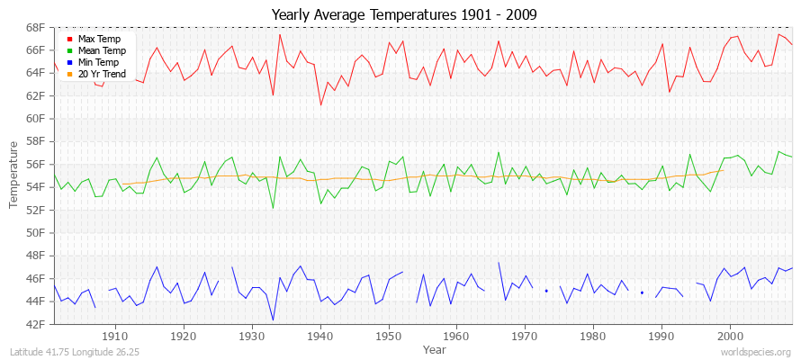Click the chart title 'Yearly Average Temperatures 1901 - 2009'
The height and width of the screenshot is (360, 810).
[404, 14]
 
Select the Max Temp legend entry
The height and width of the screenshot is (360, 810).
[99, 40]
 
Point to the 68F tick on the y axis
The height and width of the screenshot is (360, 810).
[35, 27]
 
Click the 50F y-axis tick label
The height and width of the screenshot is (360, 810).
[35, 232]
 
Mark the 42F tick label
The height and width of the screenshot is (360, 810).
[35, 324]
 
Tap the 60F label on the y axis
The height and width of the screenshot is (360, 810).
[35, 118]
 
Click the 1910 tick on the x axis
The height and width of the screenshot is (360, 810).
[115, 336]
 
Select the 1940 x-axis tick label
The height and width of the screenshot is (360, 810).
[320, 336]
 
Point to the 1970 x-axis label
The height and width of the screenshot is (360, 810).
[525, 336]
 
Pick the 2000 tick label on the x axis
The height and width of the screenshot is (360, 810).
[730, 336]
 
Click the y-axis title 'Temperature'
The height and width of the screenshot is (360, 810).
[13, 175]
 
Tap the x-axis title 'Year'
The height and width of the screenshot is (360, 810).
[434, 349]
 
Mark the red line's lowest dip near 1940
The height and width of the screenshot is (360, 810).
[320, 104]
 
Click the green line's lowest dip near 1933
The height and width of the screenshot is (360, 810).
[273, 208]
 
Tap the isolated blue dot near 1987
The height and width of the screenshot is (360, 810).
[642, 292]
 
